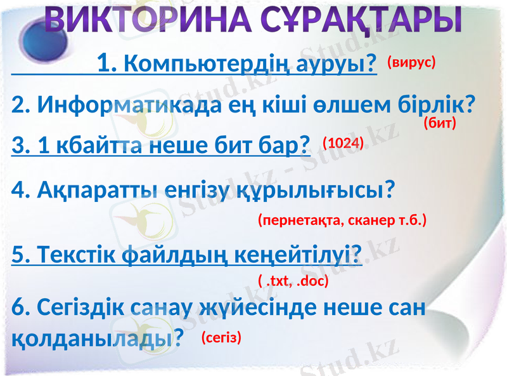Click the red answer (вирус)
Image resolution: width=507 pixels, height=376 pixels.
pos(411,62)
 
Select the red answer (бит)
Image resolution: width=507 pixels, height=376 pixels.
pos(440,123)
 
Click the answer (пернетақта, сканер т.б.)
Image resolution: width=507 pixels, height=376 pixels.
pos(342,220)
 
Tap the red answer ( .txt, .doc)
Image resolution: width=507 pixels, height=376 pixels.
pos(293,279)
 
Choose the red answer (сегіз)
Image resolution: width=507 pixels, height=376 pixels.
pos(222,337)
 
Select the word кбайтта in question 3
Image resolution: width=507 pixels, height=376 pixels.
pos(95,147)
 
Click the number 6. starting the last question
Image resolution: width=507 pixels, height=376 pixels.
pos(20,309)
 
